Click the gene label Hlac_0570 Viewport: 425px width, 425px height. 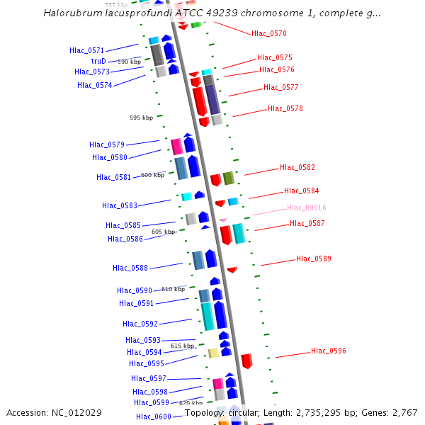(268, 33)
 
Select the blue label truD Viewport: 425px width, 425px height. (98, 61)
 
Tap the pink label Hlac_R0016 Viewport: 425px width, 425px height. (306, 208)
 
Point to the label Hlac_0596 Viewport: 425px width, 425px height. (328, 351)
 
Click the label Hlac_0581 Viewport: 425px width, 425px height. (113, 177)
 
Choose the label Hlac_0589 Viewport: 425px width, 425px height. (313, 259)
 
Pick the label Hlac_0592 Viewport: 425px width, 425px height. (140, 324)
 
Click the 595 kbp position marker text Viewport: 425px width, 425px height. (141, 118)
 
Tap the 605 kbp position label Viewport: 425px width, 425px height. (163, 232)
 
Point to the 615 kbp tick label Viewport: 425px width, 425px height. (182, 346)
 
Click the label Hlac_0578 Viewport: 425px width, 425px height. (285, 108)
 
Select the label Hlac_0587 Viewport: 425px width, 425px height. (307, 223)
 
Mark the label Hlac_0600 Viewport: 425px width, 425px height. (153, 416)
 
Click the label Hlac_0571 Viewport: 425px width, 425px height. (86, 50)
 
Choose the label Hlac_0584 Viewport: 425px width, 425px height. (301, 191)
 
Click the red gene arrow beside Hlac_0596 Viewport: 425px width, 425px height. (246, 361)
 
